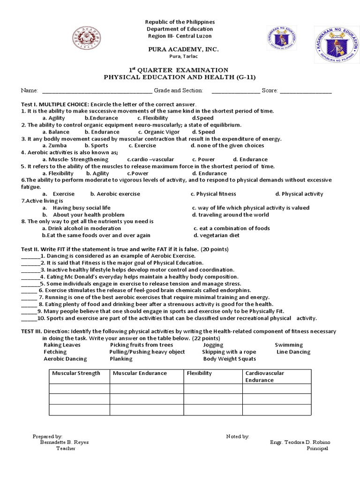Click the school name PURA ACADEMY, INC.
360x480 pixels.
click(x=180, y=49)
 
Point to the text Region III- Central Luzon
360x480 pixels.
click(x=180, y=36)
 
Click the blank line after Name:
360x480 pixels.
click(x=97, y=91)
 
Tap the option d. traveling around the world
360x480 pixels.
click(x=230, y=215)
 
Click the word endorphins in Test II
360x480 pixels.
click(x=231, y=290)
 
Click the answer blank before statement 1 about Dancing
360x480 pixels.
click(x=30, y=256)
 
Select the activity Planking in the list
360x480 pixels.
click(x=121, y=359)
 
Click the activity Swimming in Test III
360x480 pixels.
click(x=289, y=345)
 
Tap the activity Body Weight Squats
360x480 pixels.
click(x=229, y=359)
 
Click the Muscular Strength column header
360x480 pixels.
click(x=76, y=373)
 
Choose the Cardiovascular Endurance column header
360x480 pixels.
click(x=265, y=376)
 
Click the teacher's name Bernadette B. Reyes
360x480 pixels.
click(x=64, y=442)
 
